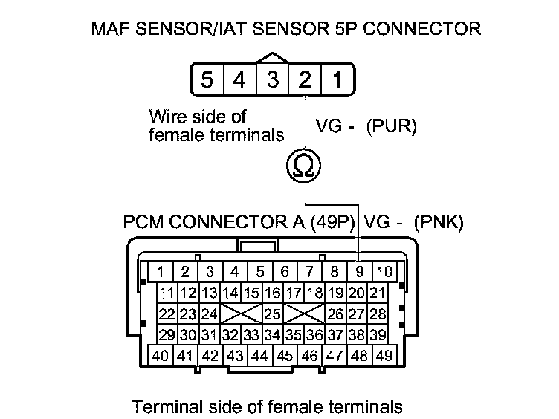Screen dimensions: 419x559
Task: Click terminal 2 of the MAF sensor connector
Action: click(305, 78)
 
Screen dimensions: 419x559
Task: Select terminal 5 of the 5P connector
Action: click(208, 78)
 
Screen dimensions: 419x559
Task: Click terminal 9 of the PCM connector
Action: click(360, 271)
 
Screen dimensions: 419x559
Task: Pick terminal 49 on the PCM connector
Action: click(384, 356)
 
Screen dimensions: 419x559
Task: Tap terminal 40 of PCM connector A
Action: click(160, 356)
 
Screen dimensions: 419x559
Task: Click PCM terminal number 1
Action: click(161, 271)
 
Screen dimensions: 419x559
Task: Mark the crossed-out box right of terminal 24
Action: click(240, 314)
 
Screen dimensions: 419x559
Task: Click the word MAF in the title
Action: click(110, 29)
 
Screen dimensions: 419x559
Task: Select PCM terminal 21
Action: click(378, 293)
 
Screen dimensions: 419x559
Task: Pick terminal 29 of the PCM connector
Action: click(167, 334)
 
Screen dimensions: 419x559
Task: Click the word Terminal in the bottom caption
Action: click(161, 406)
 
